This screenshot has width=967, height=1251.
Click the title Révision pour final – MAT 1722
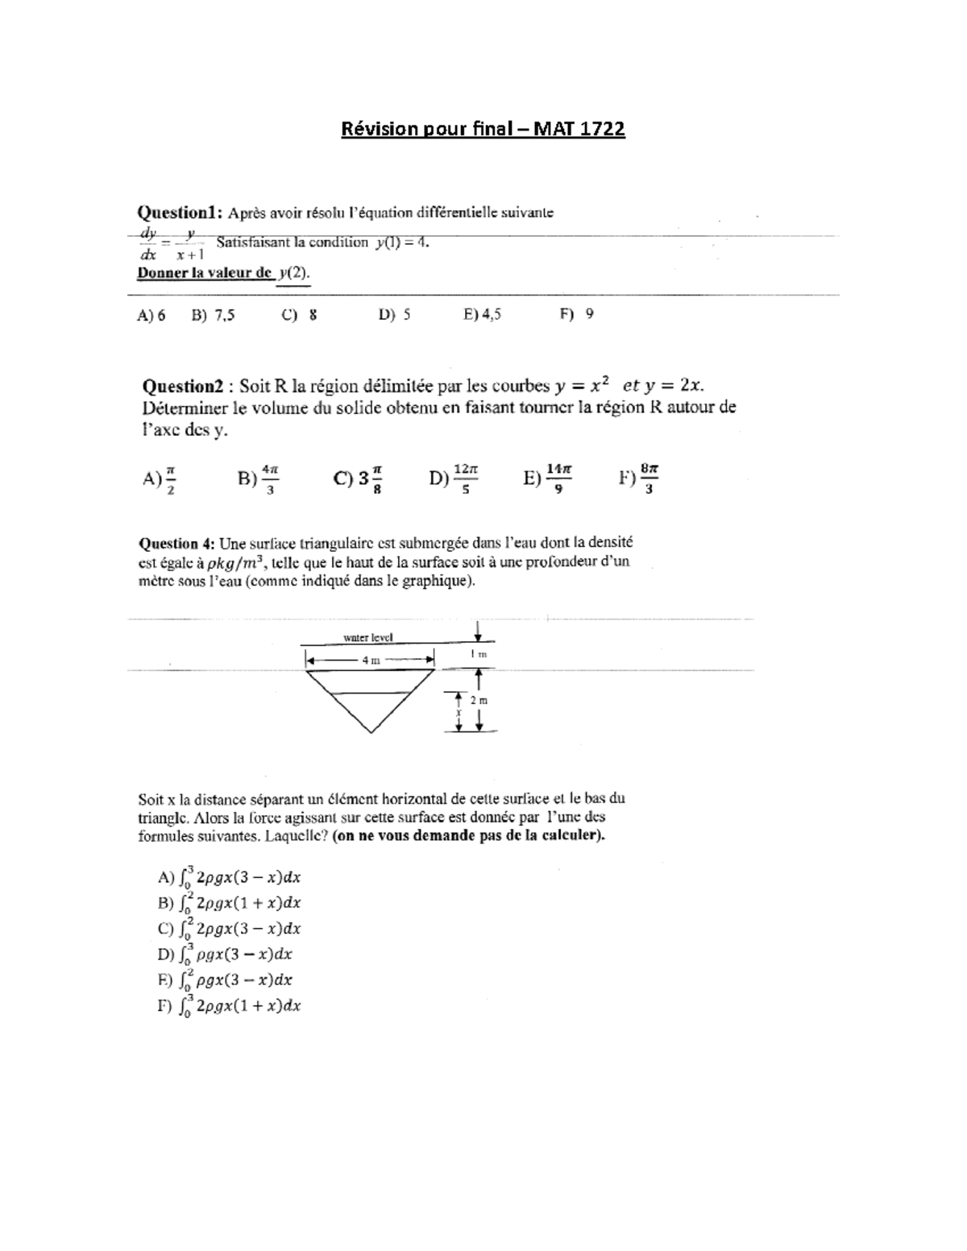(483, 129)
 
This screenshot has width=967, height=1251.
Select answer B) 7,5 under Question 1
(213, 315)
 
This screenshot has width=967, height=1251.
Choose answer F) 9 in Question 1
(577, 314)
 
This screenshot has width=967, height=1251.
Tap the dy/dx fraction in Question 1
(148, 243)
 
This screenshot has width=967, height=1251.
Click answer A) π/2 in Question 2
(160, 479)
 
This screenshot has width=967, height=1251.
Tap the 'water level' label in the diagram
(368, 637)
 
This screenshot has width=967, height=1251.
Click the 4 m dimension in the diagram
(370, 661)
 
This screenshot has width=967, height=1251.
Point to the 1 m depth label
(479, 654)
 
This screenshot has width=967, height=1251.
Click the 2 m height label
(479, 700)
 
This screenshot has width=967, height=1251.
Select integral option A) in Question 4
(230, 877)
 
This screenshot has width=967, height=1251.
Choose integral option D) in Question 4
(226, 955)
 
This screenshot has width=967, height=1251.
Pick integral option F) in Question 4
(230, 1006)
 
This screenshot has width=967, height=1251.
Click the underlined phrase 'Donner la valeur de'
(205, 273)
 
